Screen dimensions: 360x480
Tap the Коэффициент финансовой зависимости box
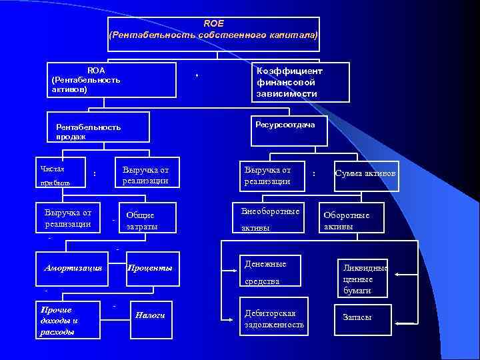tap(300, 82)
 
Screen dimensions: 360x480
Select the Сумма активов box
tap(365, 175)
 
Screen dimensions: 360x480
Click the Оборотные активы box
tap(351, 219)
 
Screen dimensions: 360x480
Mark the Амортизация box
tap(73, 268)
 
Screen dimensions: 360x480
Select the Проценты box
tap(152, 268)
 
